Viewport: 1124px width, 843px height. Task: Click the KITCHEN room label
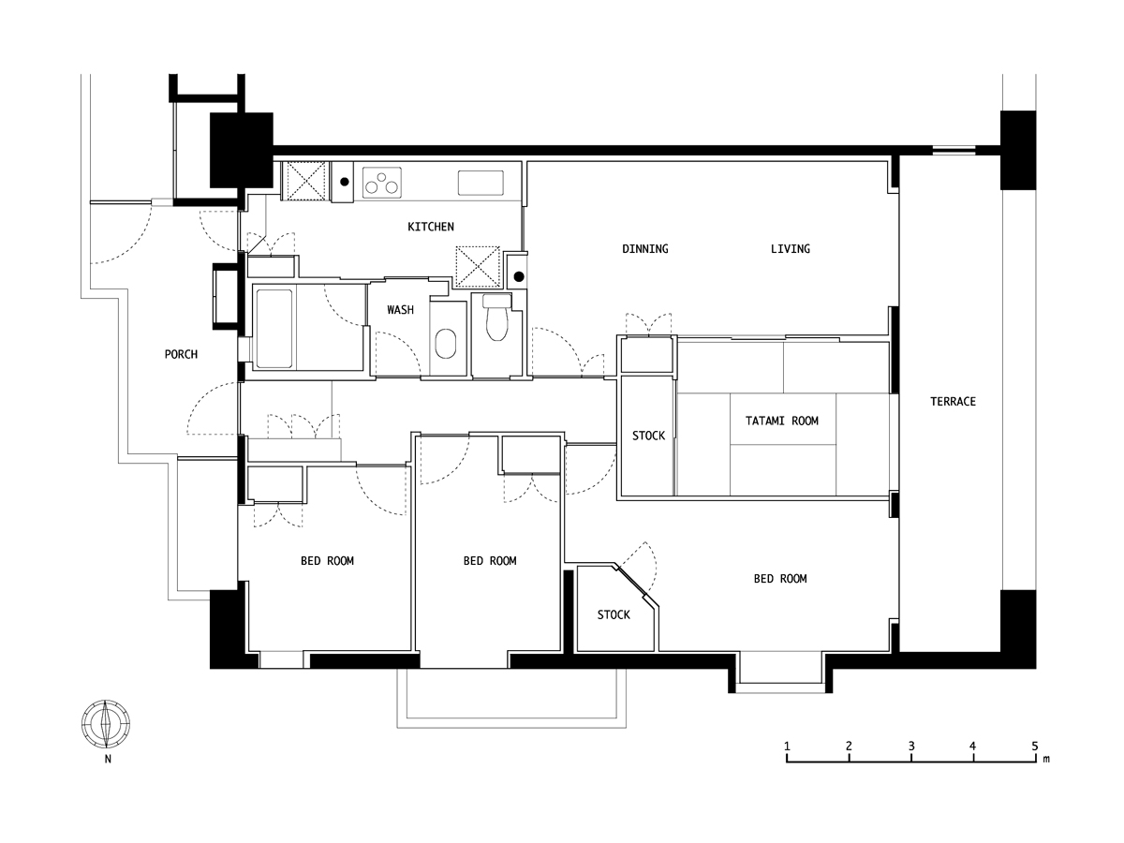[431, 227]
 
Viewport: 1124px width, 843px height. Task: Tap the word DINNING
[645, 249]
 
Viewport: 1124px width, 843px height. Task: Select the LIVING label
[790, 249]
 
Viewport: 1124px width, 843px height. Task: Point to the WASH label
[400, 310]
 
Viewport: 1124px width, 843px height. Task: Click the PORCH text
[181, 354]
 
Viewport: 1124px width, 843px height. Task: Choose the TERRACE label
[953, 402]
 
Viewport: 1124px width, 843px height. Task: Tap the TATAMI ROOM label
[781, 421]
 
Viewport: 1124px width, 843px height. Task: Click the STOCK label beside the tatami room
[648, 436]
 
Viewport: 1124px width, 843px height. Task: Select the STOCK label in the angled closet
[614, 615]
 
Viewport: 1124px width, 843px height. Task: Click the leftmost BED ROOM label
[327, 561]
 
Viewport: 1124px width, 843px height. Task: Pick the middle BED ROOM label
[490, 561]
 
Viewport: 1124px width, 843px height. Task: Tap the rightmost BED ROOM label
[780, 579]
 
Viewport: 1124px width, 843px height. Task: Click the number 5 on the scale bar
[1034, 746]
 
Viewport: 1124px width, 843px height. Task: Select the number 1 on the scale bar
[787, 746]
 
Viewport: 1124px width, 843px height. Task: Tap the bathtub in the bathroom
[275, 328]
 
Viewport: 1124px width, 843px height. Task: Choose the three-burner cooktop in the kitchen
[381, 182]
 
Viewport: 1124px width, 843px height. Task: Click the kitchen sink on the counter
[480, 182]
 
